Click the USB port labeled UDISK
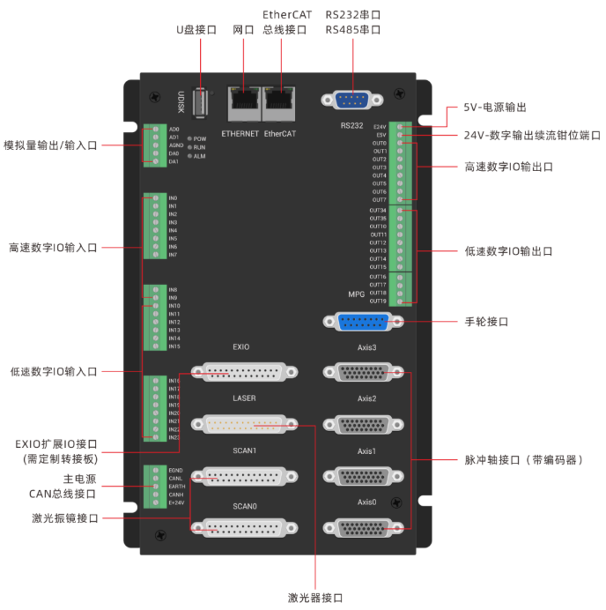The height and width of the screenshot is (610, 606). coord(201,104)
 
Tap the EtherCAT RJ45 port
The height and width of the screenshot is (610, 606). coord(280,104)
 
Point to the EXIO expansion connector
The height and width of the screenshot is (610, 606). coord(243,374)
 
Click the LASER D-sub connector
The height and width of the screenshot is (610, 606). coord(243,425)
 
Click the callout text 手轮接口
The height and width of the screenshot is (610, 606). coord(486,323)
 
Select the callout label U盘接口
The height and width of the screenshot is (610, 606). coord(196,29)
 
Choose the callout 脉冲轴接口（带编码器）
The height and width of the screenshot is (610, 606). coord(523,460)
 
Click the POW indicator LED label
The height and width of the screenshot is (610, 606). coord(200,139)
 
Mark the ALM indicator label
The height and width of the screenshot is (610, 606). coord(200,155)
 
